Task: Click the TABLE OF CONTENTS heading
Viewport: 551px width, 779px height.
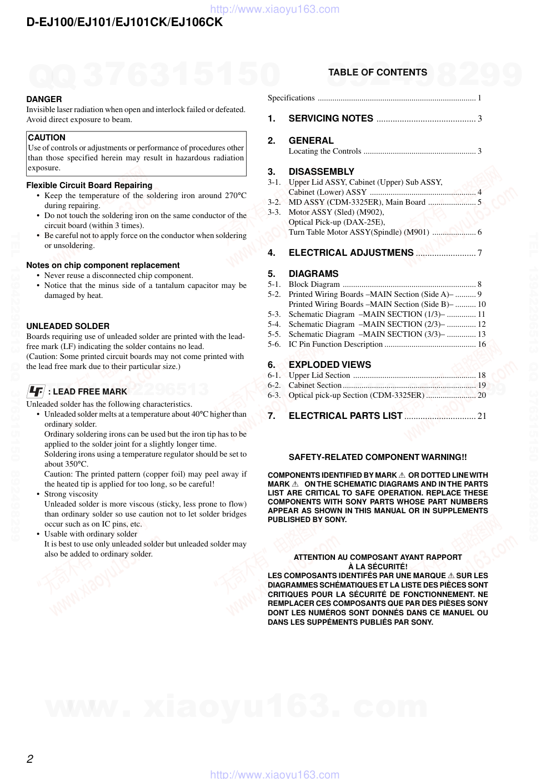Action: point(378,72)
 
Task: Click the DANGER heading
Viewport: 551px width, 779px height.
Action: point(44,99)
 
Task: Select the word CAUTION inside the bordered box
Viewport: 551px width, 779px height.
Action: point(47,138)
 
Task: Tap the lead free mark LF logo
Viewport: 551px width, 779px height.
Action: point(36,391)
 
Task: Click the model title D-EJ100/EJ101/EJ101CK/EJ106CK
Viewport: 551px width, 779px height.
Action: point(124,22)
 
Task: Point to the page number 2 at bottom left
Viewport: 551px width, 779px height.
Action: point(30,759)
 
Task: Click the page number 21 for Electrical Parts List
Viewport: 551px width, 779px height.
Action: point(482,416)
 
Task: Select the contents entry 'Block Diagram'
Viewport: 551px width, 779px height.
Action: point(314,284)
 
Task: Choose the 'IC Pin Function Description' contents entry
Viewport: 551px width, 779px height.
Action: point(335,344)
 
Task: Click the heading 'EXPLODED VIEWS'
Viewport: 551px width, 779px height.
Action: point(330,365)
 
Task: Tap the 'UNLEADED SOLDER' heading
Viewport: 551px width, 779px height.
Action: point(68,326)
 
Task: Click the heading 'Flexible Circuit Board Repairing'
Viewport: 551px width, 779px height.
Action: point(89,185)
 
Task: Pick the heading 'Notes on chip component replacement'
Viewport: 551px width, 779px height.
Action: point(103,265)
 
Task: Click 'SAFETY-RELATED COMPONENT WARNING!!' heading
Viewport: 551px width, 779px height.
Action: point(378,457)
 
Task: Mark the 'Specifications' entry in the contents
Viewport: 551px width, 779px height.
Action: point(291,98)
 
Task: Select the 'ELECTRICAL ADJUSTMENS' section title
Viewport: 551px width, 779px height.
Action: point(351,253)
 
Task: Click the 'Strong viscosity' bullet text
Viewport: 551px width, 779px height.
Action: point(71,494)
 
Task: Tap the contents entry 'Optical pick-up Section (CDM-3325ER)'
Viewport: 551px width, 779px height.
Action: point(356,395)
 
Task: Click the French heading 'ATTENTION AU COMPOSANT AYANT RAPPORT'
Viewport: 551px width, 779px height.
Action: point(378,557)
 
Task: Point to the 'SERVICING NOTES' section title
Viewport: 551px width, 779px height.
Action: point(330,118)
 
